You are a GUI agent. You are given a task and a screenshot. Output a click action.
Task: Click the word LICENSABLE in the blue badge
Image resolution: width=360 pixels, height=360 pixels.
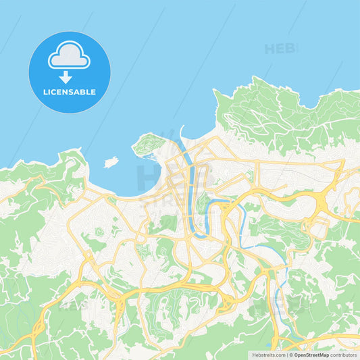coord(70,92)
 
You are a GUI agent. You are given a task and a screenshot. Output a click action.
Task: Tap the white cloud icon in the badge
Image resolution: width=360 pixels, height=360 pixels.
coord(69,57)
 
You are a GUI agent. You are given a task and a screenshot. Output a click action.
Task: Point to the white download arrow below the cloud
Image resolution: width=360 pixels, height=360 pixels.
coord(66,77)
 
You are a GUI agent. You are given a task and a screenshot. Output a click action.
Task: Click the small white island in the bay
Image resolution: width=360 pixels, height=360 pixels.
coord(111,162)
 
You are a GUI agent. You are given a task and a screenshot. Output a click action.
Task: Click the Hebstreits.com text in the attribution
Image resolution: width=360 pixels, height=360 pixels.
coord(268,354)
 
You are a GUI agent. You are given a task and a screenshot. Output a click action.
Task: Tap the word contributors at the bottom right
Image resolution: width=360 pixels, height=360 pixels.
coord(344,354)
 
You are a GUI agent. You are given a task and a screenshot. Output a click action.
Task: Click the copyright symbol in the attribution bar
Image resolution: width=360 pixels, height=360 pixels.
coord(291,354)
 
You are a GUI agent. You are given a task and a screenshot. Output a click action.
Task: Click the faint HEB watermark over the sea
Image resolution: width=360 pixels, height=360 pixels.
coord(280,49)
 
